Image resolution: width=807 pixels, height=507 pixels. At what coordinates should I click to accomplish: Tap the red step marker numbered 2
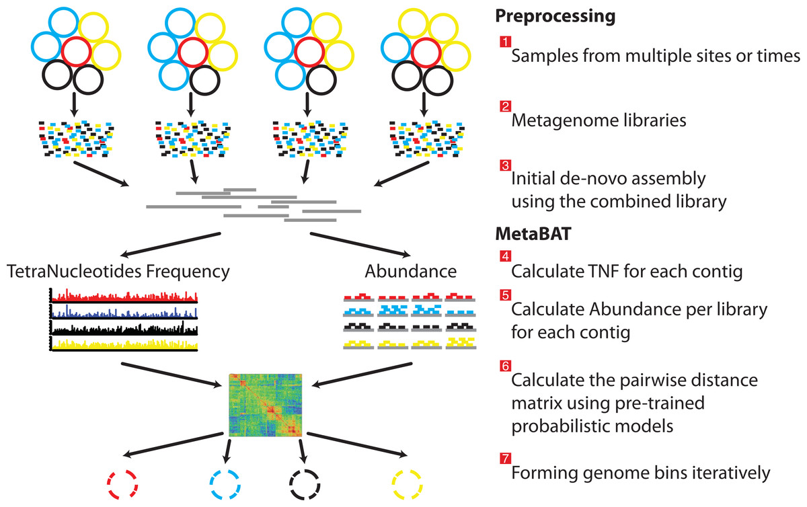tap(504, 107)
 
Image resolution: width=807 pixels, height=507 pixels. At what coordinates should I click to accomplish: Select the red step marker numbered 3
tap(504, 165)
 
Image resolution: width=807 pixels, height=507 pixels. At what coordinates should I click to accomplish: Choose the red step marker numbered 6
tap(504, 366)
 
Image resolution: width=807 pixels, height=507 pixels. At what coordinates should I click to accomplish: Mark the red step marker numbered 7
tap(504, 459)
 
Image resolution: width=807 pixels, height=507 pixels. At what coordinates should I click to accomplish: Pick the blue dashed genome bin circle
tap(224, 481)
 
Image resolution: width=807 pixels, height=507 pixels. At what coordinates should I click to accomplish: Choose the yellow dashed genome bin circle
tap(408, 481)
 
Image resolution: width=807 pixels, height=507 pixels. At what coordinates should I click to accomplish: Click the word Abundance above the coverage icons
tap(410, 272)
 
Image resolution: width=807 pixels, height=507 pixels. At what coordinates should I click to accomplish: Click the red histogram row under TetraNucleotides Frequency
tap(124, 296)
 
